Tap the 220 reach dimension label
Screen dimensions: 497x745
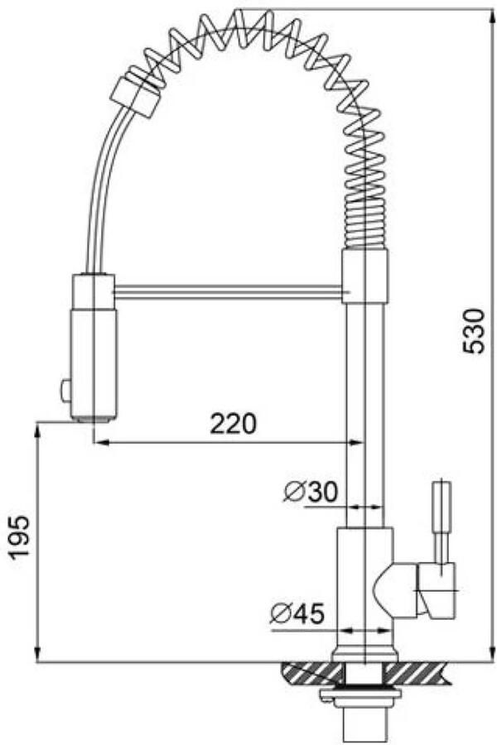233,423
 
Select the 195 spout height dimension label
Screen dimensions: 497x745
20,536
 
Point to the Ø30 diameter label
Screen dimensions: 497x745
310,492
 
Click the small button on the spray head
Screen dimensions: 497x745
65,392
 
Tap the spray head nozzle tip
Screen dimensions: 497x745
94,418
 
